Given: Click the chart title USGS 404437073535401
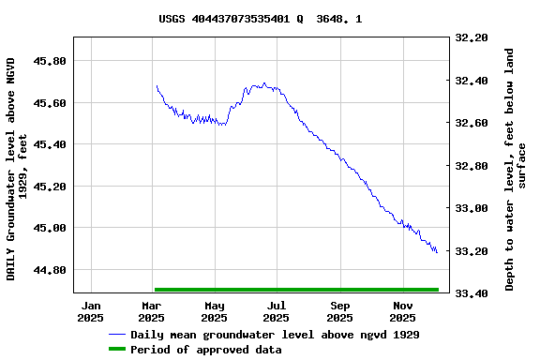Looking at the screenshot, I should [261, 18].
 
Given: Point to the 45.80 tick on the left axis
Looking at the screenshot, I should [50, 61].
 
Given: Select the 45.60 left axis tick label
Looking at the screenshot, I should [50, 102].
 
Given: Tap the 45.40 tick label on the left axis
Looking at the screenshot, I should [50, 144].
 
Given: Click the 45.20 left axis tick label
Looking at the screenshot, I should [50, 187].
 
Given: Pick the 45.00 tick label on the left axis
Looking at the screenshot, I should [50, 228].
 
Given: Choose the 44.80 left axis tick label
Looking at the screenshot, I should [50, 270].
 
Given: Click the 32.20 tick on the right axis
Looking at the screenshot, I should [471, 38].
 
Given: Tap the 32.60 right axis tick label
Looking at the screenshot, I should [471, 123].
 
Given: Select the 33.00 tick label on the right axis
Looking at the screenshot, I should [471, 208].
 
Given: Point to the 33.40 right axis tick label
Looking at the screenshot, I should [471, 293].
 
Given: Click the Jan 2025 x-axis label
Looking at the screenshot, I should [91, 311].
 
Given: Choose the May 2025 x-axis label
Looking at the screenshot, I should [215, 311].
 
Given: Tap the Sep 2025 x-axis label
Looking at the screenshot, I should [339, 311].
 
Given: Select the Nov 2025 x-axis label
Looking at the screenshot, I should [402, 311].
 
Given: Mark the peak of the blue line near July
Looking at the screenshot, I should [264, 83].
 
